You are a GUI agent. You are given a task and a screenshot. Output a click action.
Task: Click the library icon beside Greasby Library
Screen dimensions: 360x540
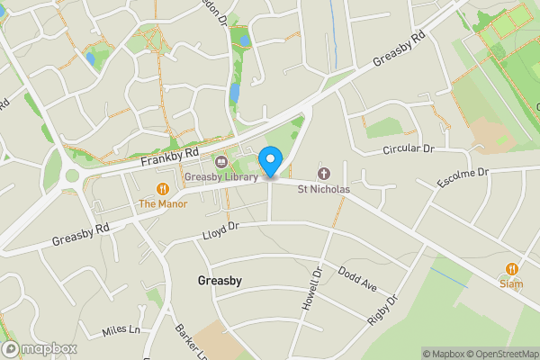click(220, 162)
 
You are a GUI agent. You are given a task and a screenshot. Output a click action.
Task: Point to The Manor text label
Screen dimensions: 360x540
click(163, 203)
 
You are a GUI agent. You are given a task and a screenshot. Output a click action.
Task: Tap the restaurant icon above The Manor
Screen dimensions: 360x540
click(163, 189)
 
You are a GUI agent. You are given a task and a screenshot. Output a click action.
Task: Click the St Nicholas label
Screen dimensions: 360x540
click(324, 189)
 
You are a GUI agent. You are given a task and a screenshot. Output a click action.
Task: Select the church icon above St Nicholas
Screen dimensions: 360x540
click(324, 174)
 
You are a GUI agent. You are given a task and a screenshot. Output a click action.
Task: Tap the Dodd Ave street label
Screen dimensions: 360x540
click(357, 277)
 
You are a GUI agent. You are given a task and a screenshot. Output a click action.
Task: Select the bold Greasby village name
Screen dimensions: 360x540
click(220, 281)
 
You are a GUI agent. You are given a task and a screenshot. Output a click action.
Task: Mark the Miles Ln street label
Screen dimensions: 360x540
click(121, 330)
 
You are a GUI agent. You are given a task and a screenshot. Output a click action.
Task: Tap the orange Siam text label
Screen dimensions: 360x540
click(511, 283)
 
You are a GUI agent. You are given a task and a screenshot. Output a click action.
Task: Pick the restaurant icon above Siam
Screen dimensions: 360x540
click(511, 268)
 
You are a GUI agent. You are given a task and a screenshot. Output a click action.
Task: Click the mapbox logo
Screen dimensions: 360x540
click(40, 349)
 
